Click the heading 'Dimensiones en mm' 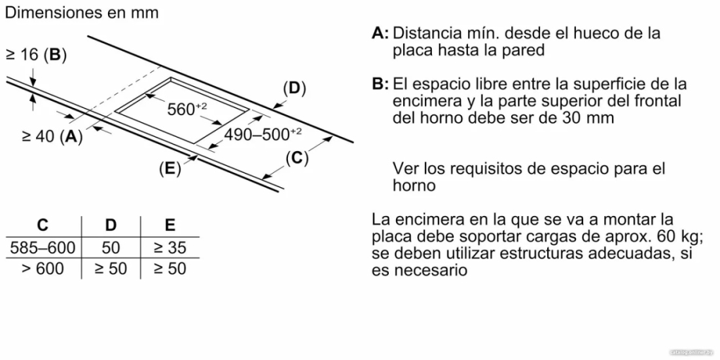point(82,12)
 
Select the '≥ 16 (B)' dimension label point(36,56)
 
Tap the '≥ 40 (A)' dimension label point(52,136)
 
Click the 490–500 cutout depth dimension point(263,135)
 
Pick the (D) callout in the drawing point(295,88)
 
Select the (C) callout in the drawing point(297,158)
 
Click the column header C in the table point(43,225)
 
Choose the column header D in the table point(111,225)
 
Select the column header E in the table point(170,225)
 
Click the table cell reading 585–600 point(43,248)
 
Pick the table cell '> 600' point(43,268)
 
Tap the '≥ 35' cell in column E point(170,248)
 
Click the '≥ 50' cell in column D point(111,268)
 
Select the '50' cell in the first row point(111,248)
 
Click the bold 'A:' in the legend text point(381,33)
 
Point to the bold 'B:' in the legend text point(381,84)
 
